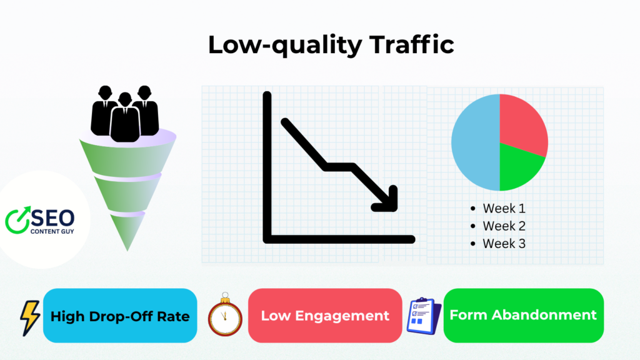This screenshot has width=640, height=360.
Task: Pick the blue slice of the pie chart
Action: pyautogui.click(x=475, y=142)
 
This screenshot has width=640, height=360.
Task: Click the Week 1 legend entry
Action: pyautogui.click(x=504, y=209)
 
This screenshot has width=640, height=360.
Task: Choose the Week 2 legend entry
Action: pyautogui.click(x=504, y=226)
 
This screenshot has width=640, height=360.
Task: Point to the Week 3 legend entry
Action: pyautogui.click(x=504, y=244)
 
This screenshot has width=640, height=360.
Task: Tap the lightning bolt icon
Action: pyautogui.click(x=29, y=317)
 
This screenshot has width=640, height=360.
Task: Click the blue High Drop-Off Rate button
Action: pyautogui.click(x=119, y=316)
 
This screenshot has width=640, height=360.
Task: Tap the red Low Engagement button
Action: pyautogui.click(x=325, y=316)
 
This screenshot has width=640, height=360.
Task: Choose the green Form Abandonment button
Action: pyautogui.click(x=523, y=316)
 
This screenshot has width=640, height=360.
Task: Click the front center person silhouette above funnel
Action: pyautogui.click(x=125, y=119)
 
